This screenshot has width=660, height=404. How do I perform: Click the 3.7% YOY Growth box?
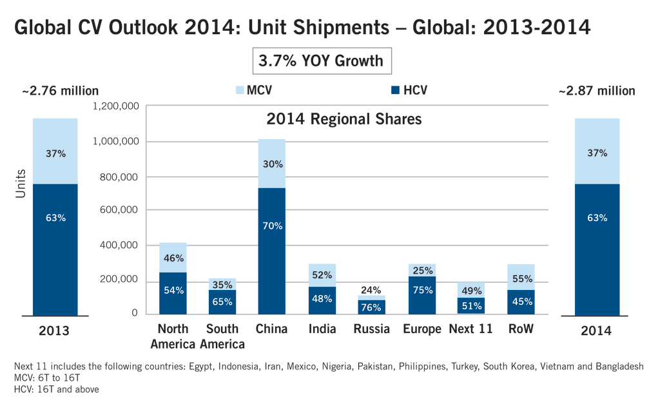tap(321, 62)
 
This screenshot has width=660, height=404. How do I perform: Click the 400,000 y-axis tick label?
tap(119, 245)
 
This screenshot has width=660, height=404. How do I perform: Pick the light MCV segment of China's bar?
tap(271, 163)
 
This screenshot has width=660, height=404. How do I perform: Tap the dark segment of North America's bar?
tap(173, 293)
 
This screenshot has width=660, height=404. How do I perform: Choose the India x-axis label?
tap(322, 329)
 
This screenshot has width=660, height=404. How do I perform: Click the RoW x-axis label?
tap(520, 329)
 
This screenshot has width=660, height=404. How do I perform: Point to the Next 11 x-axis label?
tap(471, 329)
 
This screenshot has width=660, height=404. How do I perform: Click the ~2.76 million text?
tap(60, 91)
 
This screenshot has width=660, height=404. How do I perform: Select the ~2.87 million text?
tap(596, 91)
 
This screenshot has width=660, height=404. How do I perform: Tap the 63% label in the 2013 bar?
tap(55, 218)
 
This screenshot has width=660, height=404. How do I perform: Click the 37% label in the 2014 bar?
tap(597, 154)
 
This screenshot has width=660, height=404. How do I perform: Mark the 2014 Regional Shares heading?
tap(344, 120)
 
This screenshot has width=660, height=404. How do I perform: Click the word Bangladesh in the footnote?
tap(619, 366)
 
